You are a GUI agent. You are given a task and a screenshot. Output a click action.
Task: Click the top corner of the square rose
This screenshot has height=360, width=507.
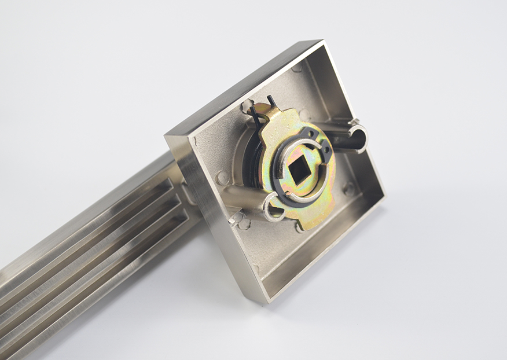(318, 42)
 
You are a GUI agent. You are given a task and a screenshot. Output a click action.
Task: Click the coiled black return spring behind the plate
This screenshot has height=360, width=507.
(250, 156)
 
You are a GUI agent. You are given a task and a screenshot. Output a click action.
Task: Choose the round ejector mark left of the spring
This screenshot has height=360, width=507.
(222, 178)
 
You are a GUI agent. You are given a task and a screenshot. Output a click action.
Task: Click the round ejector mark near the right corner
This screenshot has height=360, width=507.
(348, 189)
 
